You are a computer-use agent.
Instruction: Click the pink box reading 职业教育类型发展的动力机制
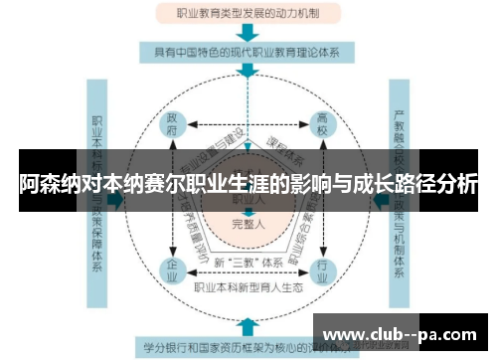coord(248,15)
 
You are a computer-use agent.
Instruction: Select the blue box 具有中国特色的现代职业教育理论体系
coord(248,51)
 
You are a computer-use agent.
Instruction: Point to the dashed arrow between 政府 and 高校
coord(247,125)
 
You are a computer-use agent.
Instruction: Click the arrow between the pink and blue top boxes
coord(248,33)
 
